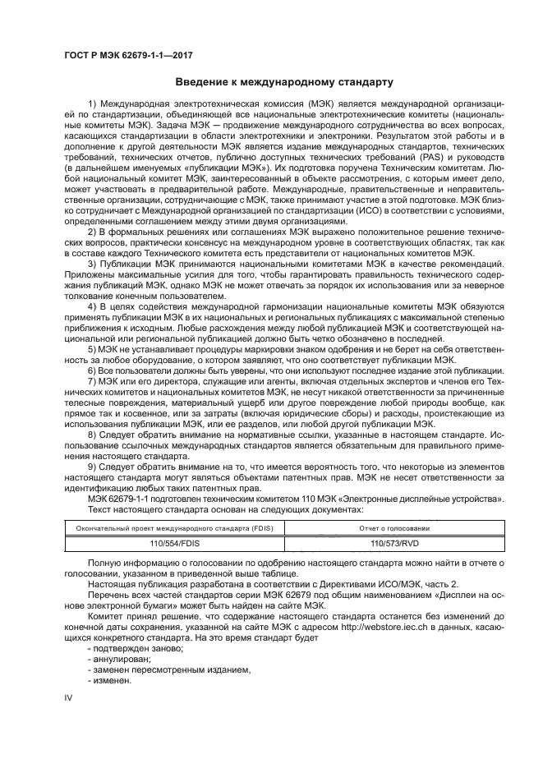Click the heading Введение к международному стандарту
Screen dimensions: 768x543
(x=272, y=82)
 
